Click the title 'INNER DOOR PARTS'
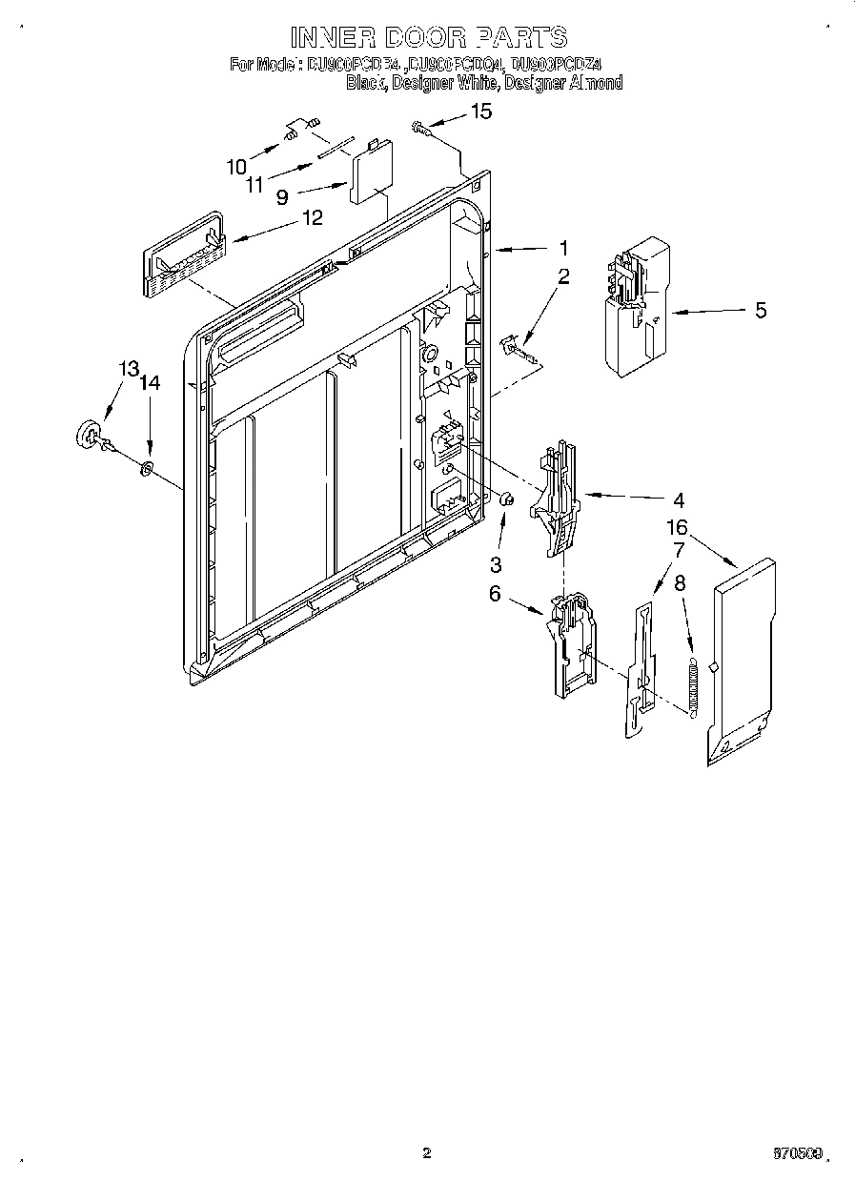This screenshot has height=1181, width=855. coord(428,37)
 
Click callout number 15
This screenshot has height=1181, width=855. coord(482,112)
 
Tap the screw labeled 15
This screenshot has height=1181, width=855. coord(418,126)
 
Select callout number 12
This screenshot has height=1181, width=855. coord(313,217)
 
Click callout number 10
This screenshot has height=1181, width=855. coord(236,167)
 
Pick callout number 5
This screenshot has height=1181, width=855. coord(760,310)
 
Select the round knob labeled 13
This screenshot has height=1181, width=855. coord(90,433)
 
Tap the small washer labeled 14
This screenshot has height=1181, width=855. coord(146,469)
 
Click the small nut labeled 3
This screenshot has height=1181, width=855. coord(507,499)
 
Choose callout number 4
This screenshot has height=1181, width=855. coord(678,499)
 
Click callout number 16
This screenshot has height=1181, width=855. coord(676,527)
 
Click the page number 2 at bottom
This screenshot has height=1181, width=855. coord(426,1152)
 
